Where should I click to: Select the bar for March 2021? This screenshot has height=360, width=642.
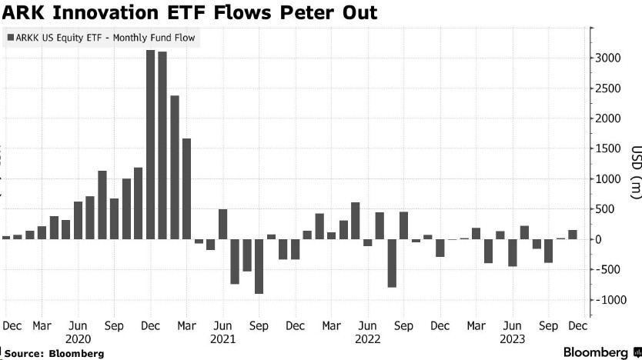point(186,188)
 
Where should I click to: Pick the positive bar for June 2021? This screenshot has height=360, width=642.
point(222,224)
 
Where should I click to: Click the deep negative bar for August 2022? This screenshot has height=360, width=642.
point(391,263)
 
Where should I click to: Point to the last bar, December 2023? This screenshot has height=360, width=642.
point(572,235)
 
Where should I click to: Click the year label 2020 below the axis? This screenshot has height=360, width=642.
point(78,338)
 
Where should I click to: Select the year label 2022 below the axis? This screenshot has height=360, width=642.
point(367,338)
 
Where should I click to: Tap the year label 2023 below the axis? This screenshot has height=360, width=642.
point(512,338)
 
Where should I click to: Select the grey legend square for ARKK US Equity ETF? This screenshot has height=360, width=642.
point(8,36)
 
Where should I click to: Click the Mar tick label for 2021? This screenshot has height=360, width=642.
point(187,325)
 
